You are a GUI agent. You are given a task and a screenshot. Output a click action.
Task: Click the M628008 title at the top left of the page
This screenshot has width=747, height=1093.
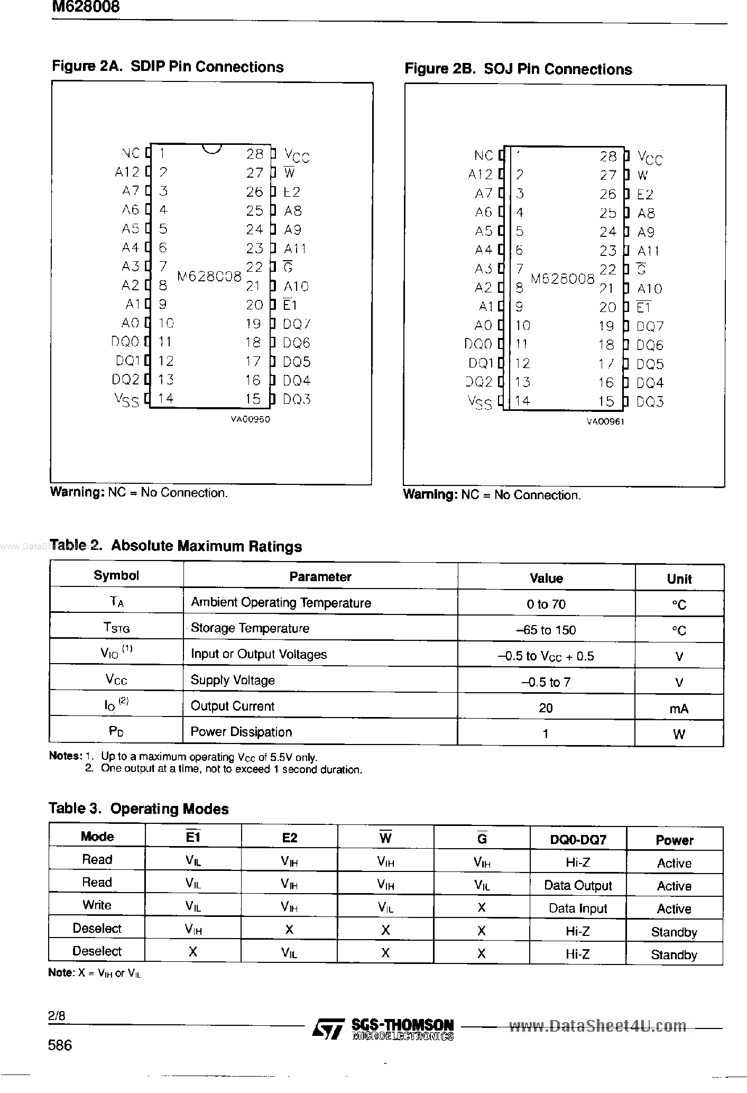click(x=86, y=7)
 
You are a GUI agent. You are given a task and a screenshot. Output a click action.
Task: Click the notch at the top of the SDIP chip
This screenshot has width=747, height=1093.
click(x=211, y=149)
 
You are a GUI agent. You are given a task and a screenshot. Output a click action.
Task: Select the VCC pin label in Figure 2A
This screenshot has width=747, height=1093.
click(x=297, y=155)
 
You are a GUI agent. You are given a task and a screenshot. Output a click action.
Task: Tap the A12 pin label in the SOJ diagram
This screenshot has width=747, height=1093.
click(x=480, y=174)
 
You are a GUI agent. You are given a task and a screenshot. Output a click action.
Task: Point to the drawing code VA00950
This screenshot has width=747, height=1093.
click(x=250, y=419)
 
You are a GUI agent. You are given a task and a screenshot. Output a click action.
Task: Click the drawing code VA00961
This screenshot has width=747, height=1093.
click(x=605, y=422)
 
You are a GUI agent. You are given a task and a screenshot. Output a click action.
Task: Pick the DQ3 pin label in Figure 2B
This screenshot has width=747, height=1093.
click(x=650, y=402)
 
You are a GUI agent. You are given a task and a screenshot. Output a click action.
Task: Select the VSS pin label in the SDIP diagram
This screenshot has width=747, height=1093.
click(x=127, y=400)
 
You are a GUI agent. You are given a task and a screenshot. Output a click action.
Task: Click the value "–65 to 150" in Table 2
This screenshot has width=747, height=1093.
click(x=546, y=630)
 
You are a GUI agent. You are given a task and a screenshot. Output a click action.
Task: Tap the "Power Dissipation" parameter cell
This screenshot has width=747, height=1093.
click(x=241, y=732)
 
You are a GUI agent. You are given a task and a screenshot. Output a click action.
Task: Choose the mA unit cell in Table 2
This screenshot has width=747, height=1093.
click(x=679, y=709)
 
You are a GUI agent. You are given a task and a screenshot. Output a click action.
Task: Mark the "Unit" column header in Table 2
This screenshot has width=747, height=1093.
click(x=679, y=579)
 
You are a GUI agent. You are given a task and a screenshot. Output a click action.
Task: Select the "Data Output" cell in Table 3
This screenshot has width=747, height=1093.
click(x=577, y=885)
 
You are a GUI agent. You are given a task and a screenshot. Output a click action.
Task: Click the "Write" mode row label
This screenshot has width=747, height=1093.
click(x=97, y=905)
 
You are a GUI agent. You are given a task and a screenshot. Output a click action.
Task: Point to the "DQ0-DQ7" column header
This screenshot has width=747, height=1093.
click(x=578, y=839)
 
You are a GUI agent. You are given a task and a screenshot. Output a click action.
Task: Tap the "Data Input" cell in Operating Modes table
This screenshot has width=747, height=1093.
click(x=577, y=908)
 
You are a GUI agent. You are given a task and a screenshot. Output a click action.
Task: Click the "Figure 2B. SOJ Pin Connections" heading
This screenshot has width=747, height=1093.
click(x=518, y=69)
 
